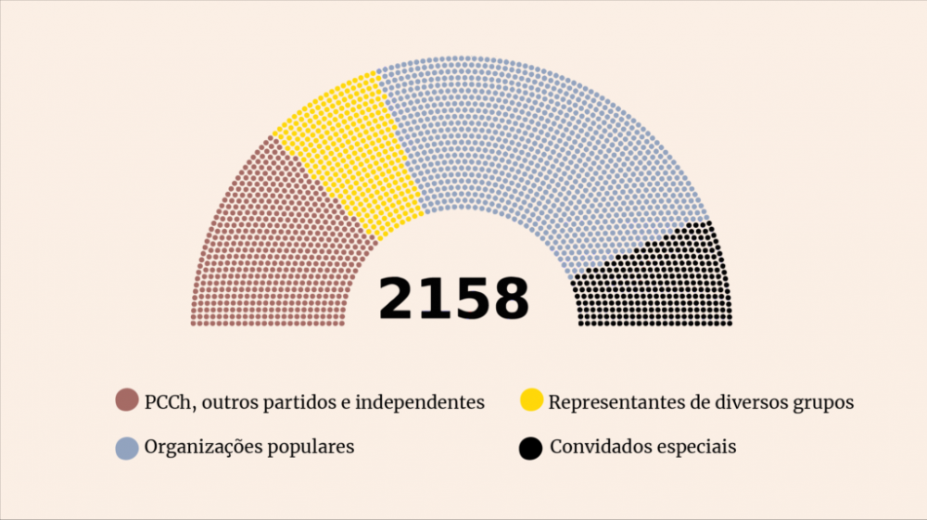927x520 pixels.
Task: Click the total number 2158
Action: pyautogui.click(x=453, y=298)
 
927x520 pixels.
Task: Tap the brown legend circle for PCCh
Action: pyautogui.click(x=127, y=401)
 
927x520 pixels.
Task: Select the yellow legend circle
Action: pyautogui.click(x=531, y=401)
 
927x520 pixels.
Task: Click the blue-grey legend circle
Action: pyautogui.click(x=127, y=448)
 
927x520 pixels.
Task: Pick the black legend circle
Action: pyautogui.click(x=530, y=448)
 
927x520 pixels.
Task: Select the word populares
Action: pyautogui.click(x=310, y=448)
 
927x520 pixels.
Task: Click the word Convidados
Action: pyautogui.click(x=603, y=447)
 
